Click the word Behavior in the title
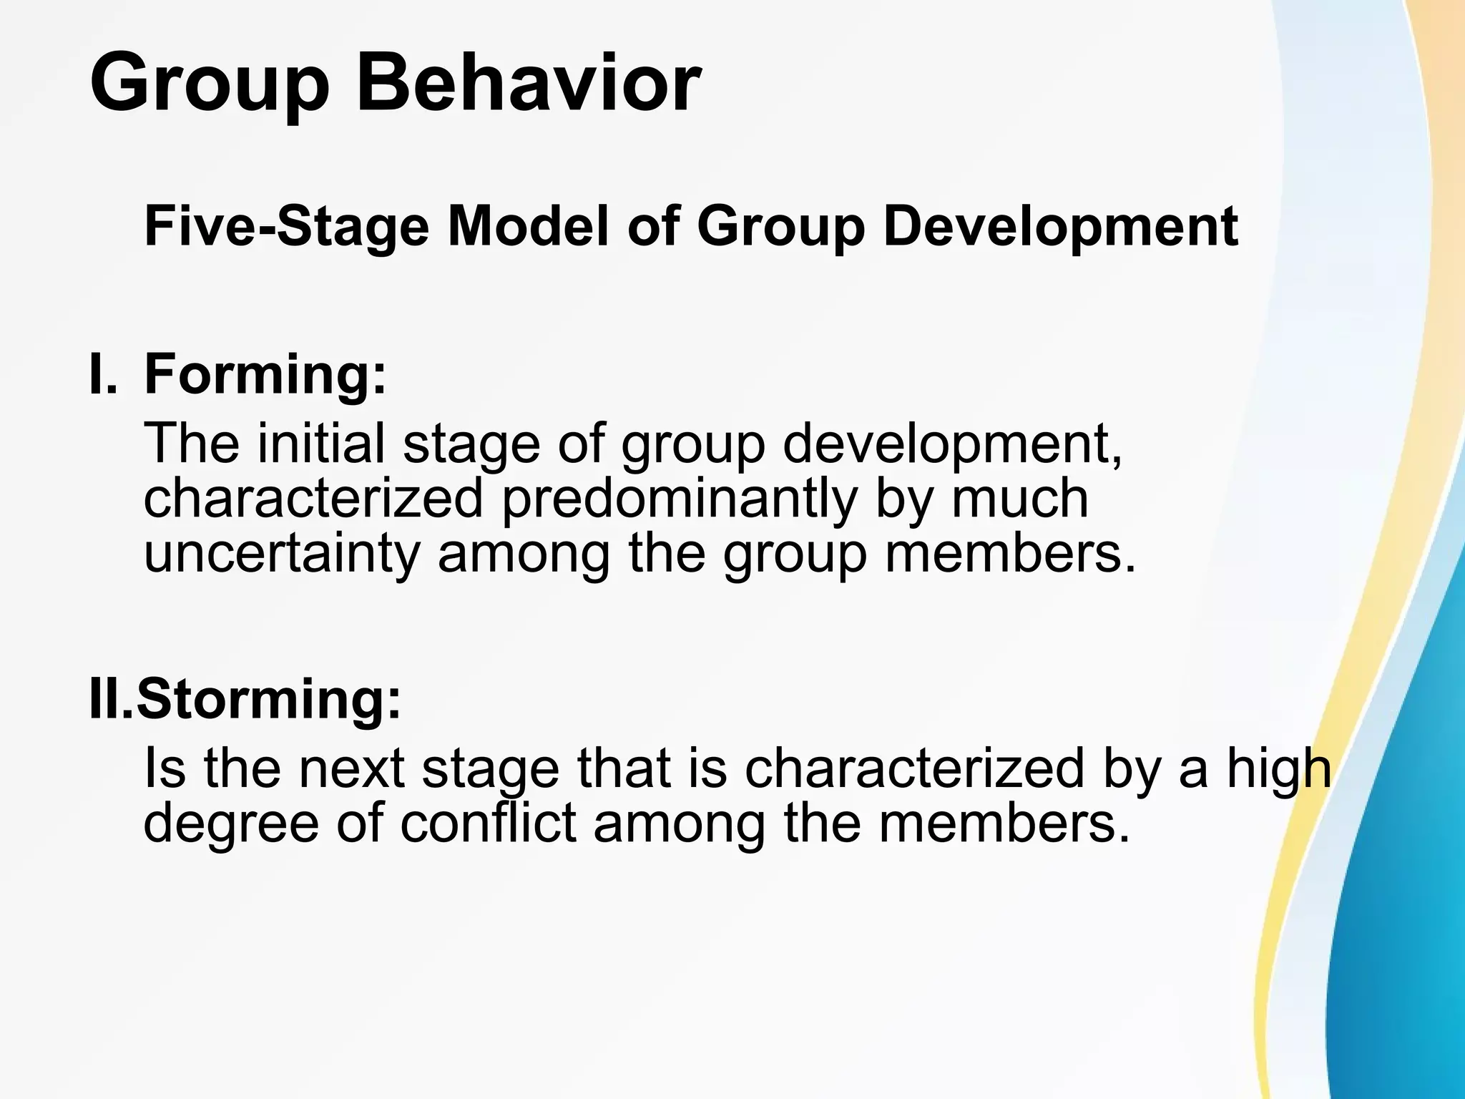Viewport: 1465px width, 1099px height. pos(528,82)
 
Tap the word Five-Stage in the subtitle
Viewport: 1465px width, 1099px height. pos(286,227)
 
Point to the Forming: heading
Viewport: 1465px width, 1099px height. pos(265,376)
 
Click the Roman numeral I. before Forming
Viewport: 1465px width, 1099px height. pos(102,375)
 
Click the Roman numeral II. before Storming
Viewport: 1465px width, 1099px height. pos(110,699)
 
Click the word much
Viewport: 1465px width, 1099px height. pos(1019,499)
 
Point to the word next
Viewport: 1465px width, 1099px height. pos(351,769)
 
